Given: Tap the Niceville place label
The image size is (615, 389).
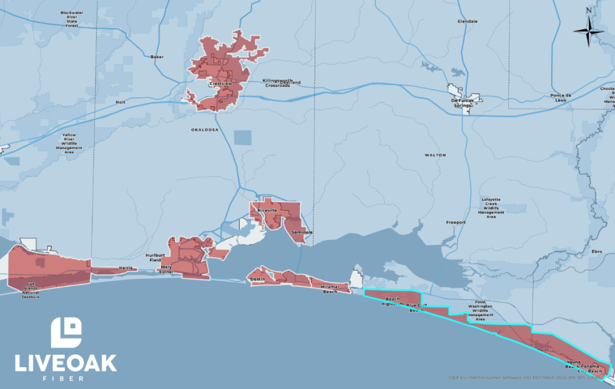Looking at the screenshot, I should (x=267, y=210).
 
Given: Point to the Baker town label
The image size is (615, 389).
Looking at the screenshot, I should (x=157, y=57).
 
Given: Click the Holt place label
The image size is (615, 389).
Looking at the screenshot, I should (x=120, y=102).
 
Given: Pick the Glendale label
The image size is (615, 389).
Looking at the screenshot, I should (x=467, y=21).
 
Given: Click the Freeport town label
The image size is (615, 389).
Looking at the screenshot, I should (x=455, y=222).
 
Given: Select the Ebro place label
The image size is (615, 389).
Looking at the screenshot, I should (x=597, y=251).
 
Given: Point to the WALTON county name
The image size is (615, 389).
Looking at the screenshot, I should (x=435, y=155).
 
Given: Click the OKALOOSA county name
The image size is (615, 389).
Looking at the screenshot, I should (x=204, y=129).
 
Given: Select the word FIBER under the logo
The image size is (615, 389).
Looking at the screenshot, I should (x=66, y=378).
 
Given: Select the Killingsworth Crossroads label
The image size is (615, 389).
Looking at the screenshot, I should (x=277, y=83).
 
